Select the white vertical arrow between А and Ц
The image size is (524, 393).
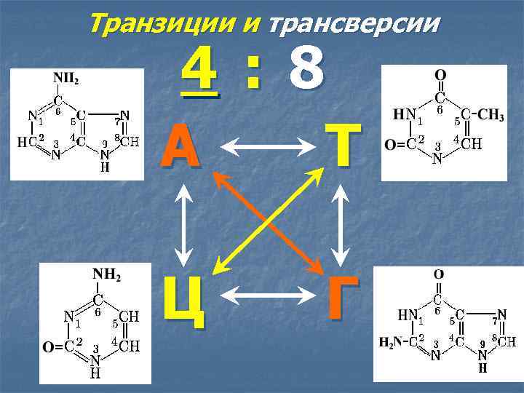click(184, 222)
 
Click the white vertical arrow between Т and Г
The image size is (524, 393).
click(341, 221)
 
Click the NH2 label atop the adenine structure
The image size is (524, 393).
click(66, 78)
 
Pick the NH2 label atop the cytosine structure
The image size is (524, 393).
click(106, 277)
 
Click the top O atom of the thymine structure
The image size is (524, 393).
click(440, 75)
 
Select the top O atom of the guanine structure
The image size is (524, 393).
click(438, 274)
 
